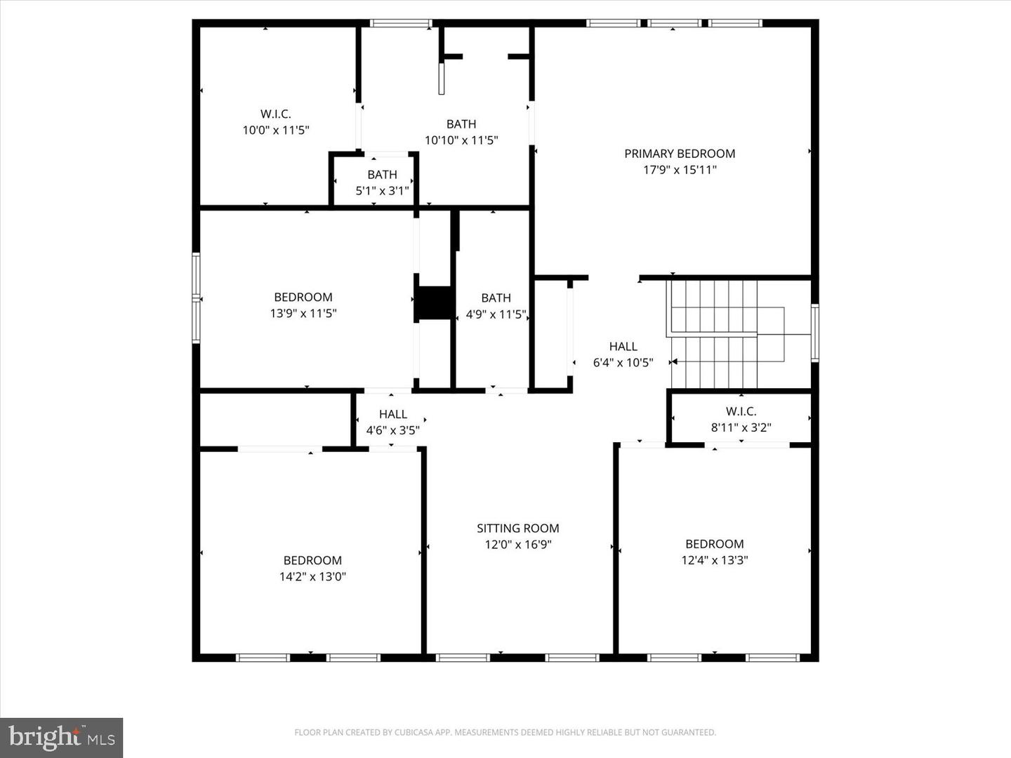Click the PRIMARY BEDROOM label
(x=680, y=154)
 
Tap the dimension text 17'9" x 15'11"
(x=680, y=170)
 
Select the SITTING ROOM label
(x=518, y=528)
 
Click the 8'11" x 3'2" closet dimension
(x=741, y=427)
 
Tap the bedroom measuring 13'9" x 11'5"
(x=303, y=305)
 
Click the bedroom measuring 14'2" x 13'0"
(x=312, y=568)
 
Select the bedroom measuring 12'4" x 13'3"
(x=714, y=552)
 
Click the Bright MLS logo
(x=62, y=738)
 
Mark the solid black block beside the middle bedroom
(x=435, y=302)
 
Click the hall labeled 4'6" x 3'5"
(x=392, y=422)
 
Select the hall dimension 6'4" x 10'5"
(x=623, y=363)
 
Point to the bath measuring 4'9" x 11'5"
(x=496, y=306)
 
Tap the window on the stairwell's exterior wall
(x=815, y=333)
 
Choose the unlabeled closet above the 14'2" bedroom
(x=275, y=418)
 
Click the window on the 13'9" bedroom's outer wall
(x=197, y=298)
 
